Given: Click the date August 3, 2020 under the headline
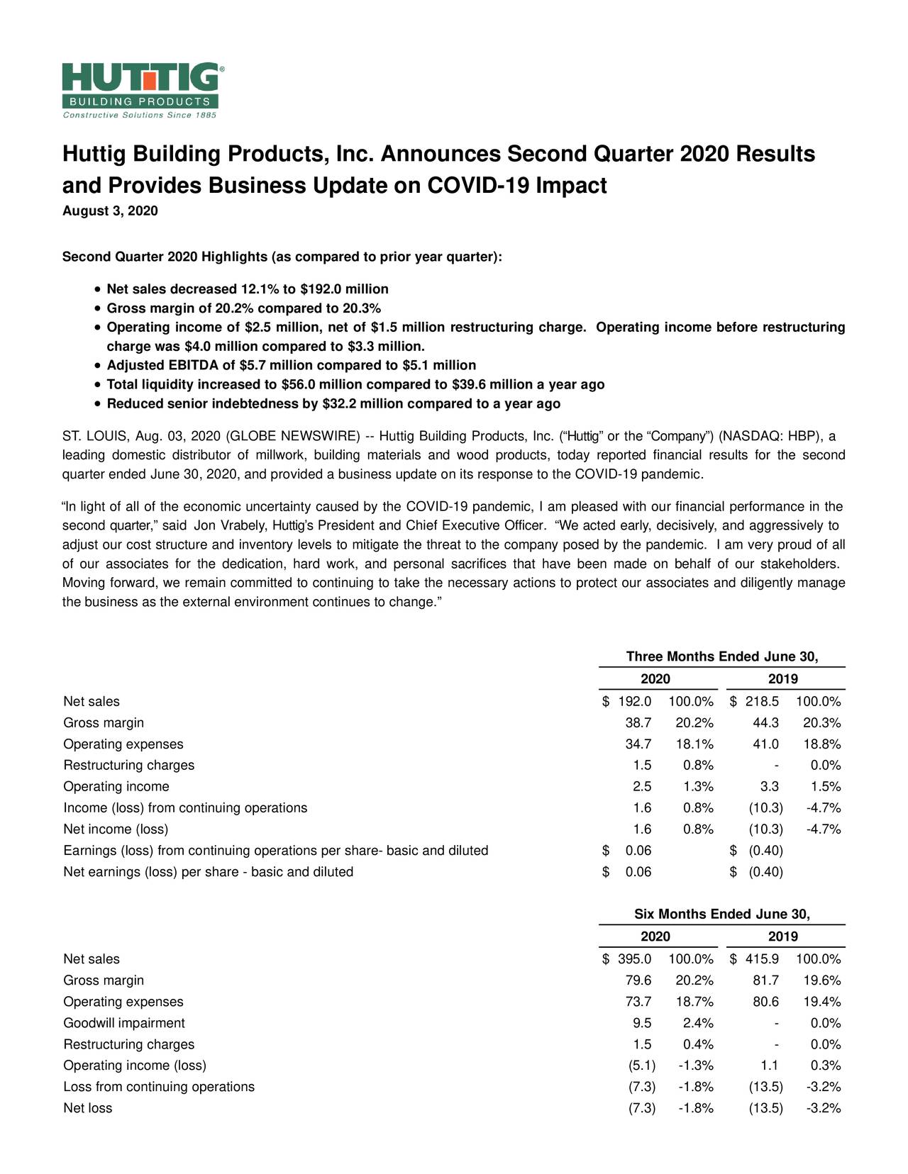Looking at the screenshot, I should [x=110, y=211].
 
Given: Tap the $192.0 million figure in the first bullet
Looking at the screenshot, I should [x=345, y=289].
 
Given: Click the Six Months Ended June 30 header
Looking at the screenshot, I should [x=722, y=915].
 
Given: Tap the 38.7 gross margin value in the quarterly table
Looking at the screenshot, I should [x=637, y=723].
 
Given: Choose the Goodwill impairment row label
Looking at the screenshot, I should [x=124, y=1023].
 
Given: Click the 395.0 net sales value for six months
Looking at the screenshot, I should [x=634, y=959].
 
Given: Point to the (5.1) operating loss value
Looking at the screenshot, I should [x=641, y=1066].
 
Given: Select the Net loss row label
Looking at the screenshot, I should [x=88, y=1108].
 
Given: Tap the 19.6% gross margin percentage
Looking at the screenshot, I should [x=822, y=980].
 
